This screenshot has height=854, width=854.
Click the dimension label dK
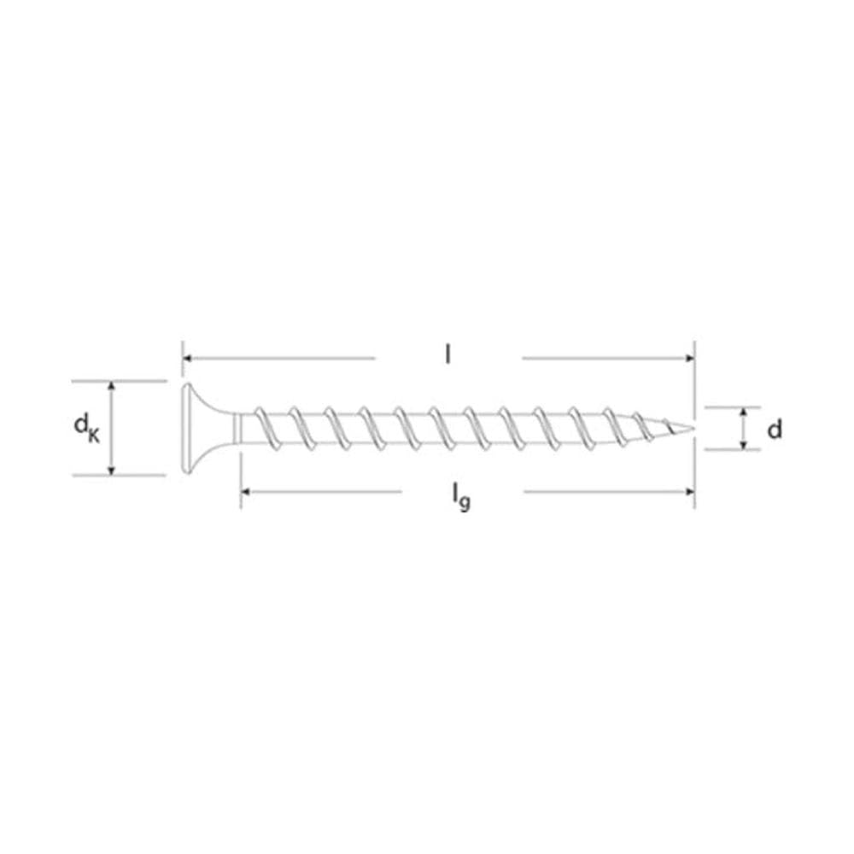86,426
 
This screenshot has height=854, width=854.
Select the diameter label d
774,430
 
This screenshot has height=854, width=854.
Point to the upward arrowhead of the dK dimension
111,386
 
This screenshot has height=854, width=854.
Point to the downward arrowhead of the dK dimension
111,469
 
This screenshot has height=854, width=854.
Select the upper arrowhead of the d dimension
745,412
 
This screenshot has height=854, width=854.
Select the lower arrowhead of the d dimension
745,444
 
